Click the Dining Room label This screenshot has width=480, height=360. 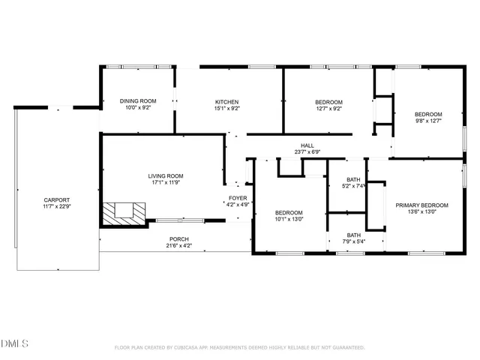tap(139, 101)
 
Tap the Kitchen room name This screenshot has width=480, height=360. tap(227, 102)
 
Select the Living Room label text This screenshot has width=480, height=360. tap(165, 175)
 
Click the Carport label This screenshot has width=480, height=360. tap(57, 200)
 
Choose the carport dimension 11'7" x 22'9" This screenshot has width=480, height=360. tap(57, 207)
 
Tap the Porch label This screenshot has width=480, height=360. tap(178, 239)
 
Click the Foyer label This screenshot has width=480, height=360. tap(238, 198)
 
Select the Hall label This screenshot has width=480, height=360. tap(307, 145)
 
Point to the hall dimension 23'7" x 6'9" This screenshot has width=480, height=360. tap(307, 152)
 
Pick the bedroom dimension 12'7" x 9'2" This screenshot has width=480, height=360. tap(328, 109)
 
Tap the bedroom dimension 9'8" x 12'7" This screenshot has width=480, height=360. tap(428, 121)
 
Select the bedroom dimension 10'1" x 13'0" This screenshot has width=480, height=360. tap(288, 220)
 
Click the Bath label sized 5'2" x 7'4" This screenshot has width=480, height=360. tap(353, 179)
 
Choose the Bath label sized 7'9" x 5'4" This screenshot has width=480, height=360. tap(353, 235)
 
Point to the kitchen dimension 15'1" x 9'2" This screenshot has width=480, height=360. tap(227, 109)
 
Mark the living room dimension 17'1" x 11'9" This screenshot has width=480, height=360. tap(165, 182)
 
